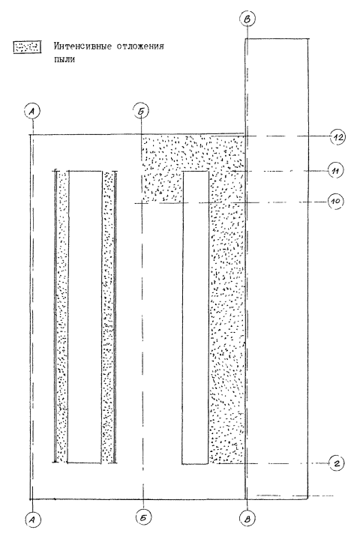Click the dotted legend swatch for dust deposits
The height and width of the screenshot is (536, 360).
pos(27,46)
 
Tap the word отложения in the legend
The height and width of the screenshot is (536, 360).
pos(140,46)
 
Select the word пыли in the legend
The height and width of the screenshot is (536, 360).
pos(64,59)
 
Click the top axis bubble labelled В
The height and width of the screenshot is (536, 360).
pos(247,19)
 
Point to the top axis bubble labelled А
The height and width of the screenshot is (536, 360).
pos(32,112)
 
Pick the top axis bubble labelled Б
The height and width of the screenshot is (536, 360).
pos(141,111)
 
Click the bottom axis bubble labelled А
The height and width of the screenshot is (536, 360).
pos(32,520)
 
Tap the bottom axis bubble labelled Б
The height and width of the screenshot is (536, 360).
pos(143,518)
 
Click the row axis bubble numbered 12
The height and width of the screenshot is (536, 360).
pos(338,137)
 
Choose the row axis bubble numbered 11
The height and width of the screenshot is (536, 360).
pos(335,171)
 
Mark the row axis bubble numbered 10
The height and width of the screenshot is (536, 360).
pos(336,201)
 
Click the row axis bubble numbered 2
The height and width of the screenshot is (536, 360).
pos(337,463)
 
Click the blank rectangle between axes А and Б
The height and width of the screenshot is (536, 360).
pos(85,316)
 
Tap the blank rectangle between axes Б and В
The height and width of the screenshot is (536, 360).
pos(196,317)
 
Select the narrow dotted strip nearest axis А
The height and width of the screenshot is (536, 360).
pos(62,316)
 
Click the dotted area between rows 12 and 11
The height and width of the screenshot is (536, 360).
pos(193,153)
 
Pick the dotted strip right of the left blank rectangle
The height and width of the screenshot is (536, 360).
pos(108,316)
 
